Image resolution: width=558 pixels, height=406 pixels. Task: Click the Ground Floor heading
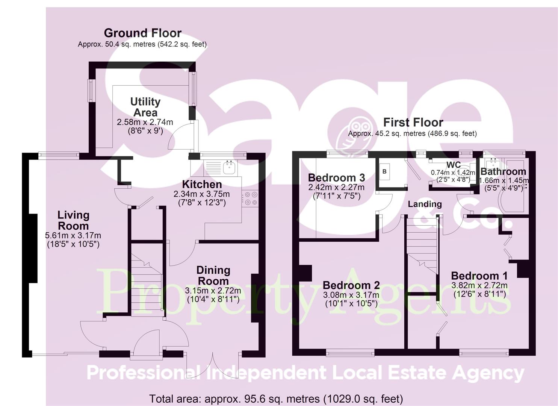[x=142, y=33]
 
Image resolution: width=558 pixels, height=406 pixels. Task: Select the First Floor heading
[x=413, y=122]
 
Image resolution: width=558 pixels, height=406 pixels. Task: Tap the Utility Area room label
[x=145, y=107]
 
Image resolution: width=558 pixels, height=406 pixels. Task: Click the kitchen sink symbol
[x=229, y=167]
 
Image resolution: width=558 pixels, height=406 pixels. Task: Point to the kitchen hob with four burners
[x=251, y=198]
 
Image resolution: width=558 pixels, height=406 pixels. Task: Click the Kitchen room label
[x=202, y=184]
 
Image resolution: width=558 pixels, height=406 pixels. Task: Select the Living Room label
[x=73, y=220]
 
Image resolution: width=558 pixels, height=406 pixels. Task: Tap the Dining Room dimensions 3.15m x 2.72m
[x=213, y=291]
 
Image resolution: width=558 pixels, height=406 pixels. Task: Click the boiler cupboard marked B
[x=384, y=172]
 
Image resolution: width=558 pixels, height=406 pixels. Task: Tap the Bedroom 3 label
[x=336, y=177]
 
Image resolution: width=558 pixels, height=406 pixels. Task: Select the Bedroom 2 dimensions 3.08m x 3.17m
[x=351, y=295]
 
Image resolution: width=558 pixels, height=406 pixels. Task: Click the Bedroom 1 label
[x=479, y=276]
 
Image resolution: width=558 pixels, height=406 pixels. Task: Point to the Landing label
[x=425, y=204]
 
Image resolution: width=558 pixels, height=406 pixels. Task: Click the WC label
[x=453, y=165]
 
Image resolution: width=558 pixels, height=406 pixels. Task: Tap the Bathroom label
[x=503, y=172]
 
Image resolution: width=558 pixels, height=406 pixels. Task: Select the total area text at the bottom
[x=276, y=398]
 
